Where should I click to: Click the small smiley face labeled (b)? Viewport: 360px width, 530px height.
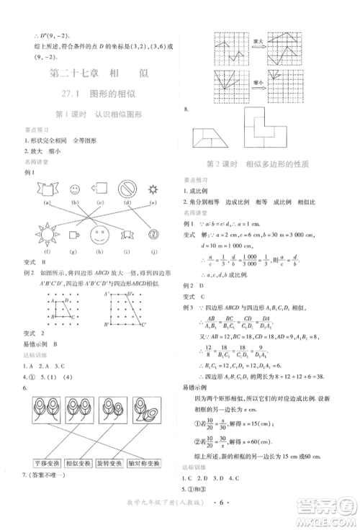coord(74,190)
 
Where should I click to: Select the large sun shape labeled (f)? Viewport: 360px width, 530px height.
coord(47,234)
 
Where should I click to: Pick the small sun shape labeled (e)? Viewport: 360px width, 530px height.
coord(153,189)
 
